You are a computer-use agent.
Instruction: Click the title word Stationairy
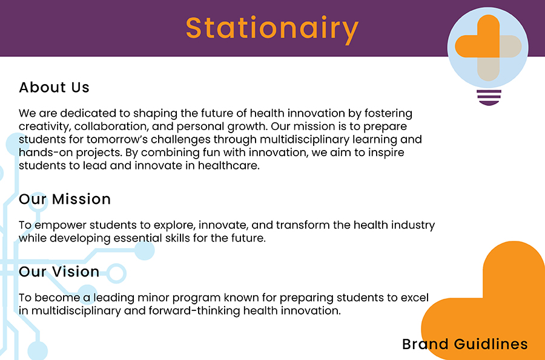point(272,29)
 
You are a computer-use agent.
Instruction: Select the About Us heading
point(54,88)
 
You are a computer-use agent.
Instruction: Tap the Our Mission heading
point(65,199)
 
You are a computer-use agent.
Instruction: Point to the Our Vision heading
point(59,272)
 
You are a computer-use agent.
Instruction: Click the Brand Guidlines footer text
point(464,344)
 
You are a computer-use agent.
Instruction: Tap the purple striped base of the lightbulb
point(489,97)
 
